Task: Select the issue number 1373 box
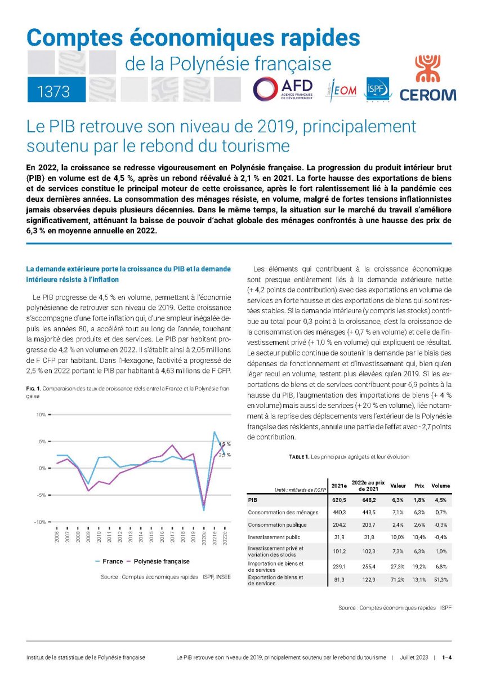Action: click(x=56, y=91)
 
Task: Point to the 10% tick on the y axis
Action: click(x=41, y=415)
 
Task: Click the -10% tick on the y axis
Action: click(x=41, y=522)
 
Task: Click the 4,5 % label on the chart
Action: click(x=225, y=444)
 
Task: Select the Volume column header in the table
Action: click(x=440, y=486)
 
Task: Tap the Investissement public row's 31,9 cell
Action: click(x=339, y=537)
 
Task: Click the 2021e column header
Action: click(x=339, y=486)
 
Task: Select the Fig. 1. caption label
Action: click(x=33, y=388)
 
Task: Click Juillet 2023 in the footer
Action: click(x=414, y=657)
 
